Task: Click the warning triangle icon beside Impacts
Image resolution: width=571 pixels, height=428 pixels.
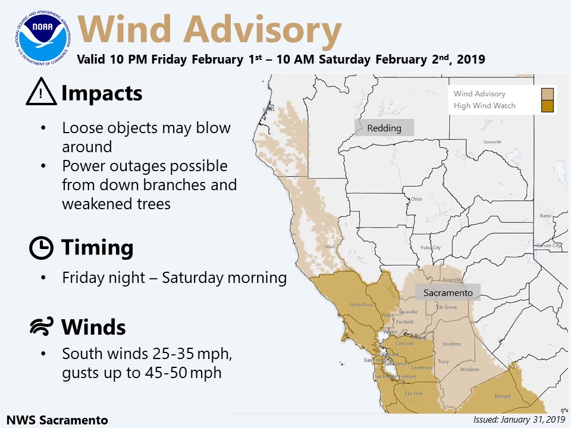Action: (41, 93)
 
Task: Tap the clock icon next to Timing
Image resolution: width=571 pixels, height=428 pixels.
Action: (41, 247)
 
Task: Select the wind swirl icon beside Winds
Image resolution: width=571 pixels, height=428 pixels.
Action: (41, 327)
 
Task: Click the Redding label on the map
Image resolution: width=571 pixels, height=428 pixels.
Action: (384, 128)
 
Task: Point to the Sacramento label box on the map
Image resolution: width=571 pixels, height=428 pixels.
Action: (448, 292)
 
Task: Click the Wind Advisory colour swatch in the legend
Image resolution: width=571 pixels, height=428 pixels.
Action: (548, 94)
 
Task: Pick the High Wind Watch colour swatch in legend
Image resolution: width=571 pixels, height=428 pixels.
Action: (548, 106)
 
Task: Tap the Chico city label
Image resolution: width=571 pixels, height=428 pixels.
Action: (416, 199)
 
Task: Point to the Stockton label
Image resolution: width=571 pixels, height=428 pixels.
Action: (451, 344)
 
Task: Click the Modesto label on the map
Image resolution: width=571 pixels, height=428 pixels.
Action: (470, 369)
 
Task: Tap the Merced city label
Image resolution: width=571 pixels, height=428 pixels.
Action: (503, 396)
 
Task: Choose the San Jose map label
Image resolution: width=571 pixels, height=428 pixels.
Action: (413, 394)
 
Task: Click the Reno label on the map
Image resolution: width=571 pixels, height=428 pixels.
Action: (545, 216)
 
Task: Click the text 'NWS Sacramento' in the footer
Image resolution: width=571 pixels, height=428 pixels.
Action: (58, 418)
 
